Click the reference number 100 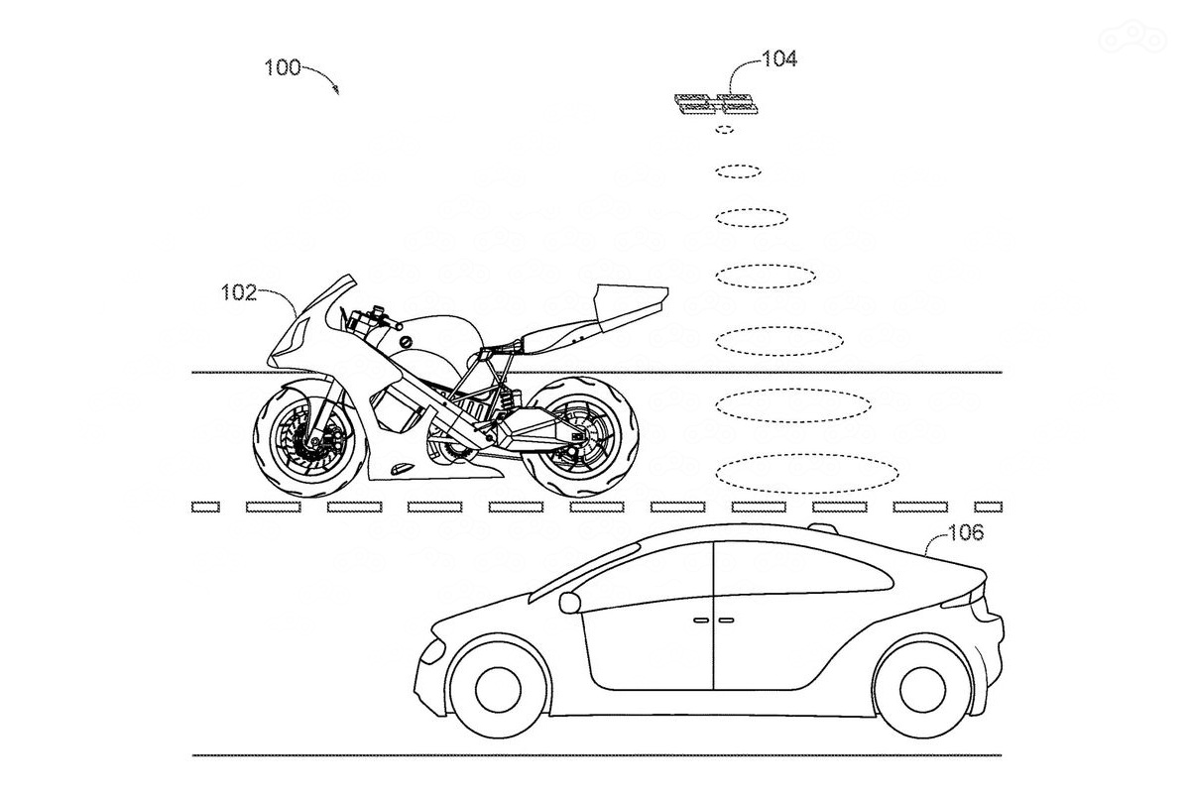282,67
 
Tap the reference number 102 238,291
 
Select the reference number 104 778,58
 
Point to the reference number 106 965,533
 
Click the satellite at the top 712,102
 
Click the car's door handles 713,621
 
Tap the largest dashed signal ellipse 807,472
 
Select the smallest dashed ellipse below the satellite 725,130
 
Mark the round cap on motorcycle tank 405,343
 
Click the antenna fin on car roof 823,526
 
